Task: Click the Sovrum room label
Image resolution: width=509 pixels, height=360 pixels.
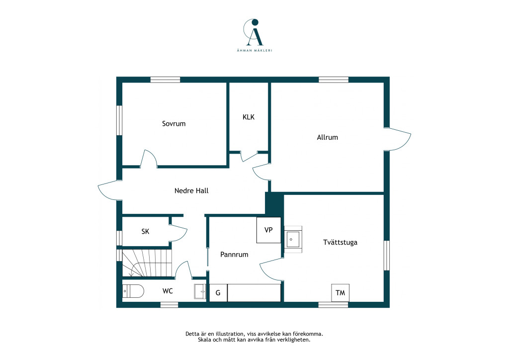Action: [x=173, y=124]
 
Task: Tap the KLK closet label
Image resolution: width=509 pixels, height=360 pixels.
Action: [x=249, y=117]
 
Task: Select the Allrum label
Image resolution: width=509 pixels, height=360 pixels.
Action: [x=327, y=137]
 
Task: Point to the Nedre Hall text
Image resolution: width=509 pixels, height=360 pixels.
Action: [x=191, y=190]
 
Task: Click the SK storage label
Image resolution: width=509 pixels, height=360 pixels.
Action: [x=146, y=231]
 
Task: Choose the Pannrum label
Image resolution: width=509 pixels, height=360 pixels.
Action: [x=234, y=255]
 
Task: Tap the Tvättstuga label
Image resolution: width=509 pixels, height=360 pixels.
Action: [x=340, y=242]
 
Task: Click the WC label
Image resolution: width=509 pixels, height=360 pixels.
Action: [x=168, y=291]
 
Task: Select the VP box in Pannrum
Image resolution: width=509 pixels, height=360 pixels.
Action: [x=269, y=230]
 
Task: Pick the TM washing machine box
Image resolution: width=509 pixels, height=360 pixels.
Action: [x=340, y=293]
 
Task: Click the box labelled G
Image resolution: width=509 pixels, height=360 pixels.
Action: [x=218, y=293]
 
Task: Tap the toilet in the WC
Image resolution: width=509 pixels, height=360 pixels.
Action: [x=133, y=291]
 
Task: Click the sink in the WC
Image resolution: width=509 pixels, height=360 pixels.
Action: [x=200, y=291]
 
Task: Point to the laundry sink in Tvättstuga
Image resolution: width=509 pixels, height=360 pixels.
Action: [x=293, y=240]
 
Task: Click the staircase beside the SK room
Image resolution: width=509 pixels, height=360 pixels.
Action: [x=147, y=263]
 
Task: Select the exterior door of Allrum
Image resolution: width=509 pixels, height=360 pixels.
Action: [x=398, y=139]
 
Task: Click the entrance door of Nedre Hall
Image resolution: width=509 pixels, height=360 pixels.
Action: [x=110, y=190]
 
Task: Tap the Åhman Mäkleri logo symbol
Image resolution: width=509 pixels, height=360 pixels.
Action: [x=254, y=32]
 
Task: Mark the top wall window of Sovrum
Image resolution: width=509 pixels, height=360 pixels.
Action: [x=165, y=80]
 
